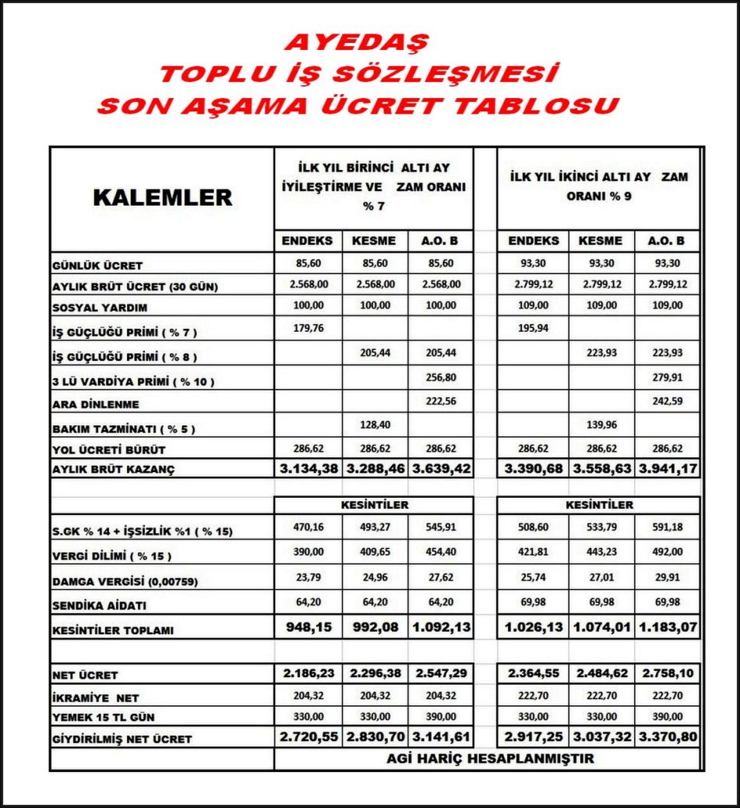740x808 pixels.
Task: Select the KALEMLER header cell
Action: pos(163,197)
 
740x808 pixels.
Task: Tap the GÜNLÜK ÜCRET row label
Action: pos(98,266)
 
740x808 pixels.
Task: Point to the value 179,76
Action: pos(308,328)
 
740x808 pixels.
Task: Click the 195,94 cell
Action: pos(533,328)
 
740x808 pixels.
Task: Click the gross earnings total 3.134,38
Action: pos(308,470)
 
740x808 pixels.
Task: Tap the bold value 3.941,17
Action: pos(669,470)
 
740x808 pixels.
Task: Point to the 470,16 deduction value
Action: pos(308,527)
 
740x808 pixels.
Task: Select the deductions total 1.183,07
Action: pos(669,626)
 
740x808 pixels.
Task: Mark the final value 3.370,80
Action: pos(669,736)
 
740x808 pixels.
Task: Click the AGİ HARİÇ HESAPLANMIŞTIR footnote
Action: pos(489,758)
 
